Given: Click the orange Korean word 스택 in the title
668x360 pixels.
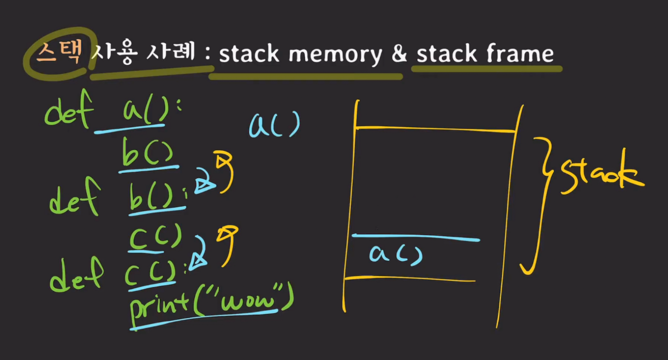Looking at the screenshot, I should [x=59, y=53].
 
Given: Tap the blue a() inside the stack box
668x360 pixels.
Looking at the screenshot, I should [x=395, y=254].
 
